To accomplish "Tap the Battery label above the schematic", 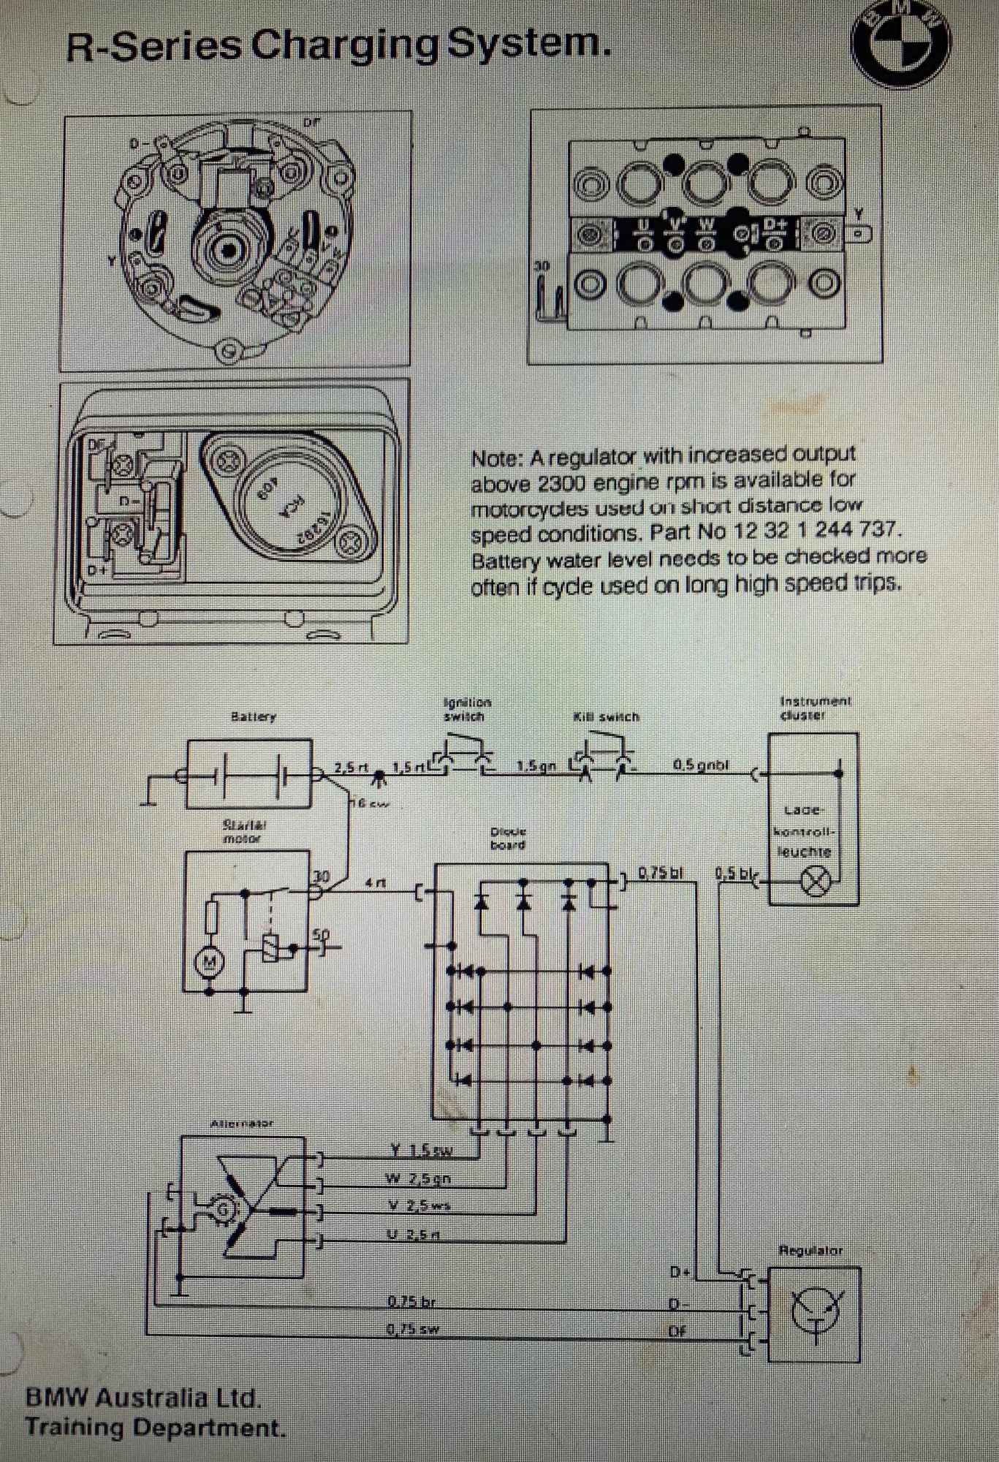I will click(253, 716).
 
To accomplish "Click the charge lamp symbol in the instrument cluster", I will click(815, 881).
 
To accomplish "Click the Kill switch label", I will click(606, 717).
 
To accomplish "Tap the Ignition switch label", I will click(467, 709).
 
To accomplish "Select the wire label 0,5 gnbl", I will click(700, 765).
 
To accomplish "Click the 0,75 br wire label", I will click(411, 1301).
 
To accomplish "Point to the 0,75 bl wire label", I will click(661, 872).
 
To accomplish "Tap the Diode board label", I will click(508, 838).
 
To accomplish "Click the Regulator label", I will click(810, 1251).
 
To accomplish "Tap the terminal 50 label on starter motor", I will click(321, 934).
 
